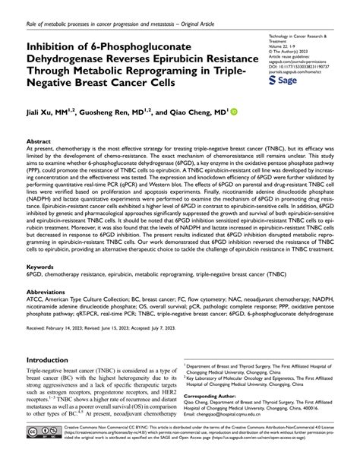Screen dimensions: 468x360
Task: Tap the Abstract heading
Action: (x=39, y=141)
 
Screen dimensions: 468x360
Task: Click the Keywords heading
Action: (x=41, y=267)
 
